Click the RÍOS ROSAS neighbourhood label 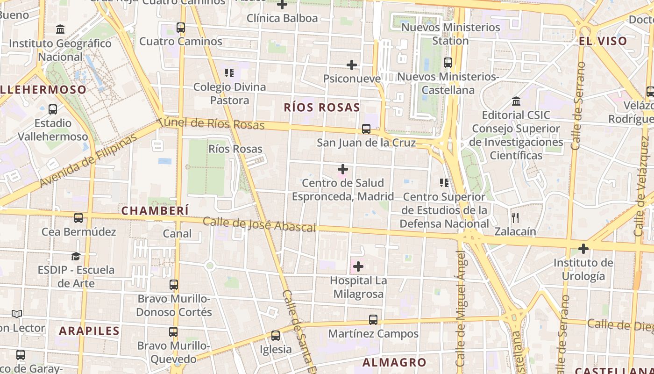pos(322,108)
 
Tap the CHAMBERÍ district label pos(155,211)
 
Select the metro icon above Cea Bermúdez pos(78,218)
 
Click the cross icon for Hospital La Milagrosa pos(358,266)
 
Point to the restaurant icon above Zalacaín pos(515,217)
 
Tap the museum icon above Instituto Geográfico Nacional pos(60,29)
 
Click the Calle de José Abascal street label pos(259,225)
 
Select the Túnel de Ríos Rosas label pos(211,124)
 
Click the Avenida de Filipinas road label pos(89,160)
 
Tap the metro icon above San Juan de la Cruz pos(366,129)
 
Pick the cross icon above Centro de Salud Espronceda pos(343,169)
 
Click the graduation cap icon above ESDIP pos(76,256)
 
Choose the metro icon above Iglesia pos(276,336)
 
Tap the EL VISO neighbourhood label pos(603,41)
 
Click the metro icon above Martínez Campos pos(373,320)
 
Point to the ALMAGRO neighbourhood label pos(394,362)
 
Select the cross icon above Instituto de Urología pos(583,249)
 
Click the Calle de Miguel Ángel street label pos(461,309)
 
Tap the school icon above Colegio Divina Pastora pos(229,73)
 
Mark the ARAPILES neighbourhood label pos(89,331)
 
